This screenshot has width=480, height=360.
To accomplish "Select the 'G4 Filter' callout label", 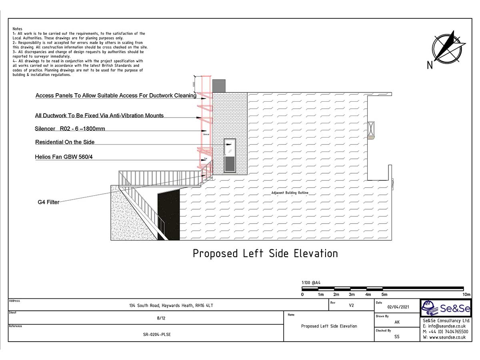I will pyautogui.click(x=48, y=202).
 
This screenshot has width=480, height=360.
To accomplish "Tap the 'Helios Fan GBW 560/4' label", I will pyautogui.click(x=64, y=157).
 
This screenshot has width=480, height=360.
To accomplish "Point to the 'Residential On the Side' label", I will pyautogui.click(x=65, y=142).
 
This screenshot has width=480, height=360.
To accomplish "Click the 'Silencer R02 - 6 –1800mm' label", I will pyautogui.click(x=70, y=129).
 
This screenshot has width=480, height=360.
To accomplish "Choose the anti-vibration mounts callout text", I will pyautogui.click(x=99, y=116).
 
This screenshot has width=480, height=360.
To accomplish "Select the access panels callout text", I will pyautogui.click(x=116, y=96).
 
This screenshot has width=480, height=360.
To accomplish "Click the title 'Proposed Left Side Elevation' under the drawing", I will pyautogui.click(x=265, y=254).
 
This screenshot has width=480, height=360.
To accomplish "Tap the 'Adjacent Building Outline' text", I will pyautogui.click(x=290, y=193).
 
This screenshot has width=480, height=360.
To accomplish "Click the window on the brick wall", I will pyautogui.click(x=230, y=156).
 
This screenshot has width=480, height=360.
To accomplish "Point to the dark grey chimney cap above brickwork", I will pyautogui.click(x=219, y=86).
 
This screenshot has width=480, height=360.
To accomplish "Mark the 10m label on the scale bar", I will pyautogui.click(x=466, y=295).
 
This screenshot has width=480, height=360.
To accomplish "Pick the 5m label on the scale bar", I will pyautogui.click(x=384, y=295).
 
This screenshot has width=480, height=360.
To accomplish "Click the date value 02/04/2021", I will pyautogui.click(x=398, y=307).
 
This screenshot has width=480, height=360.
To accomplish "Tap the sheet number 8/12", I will pyautogui.click(x=161, y=318).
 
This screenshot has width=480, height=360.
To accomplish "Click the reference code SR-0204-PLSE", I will pyautogui.click(x=156, y=334).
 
